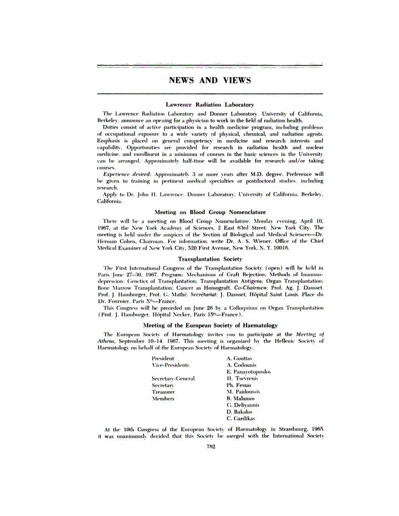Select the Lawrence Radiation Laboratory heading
coord(210,105)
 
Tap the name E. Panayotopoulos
coord(249,372)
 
